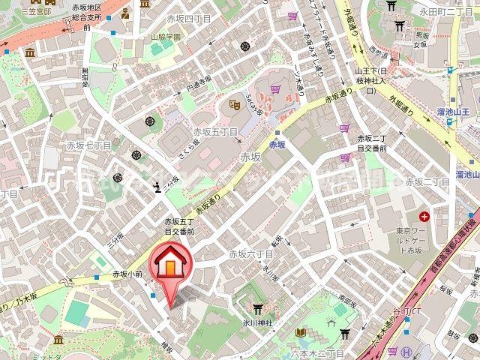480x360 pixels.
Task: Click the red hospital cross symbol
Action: tap(425, 217)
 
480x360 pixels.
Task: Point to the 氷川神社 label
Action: tap(256, 323)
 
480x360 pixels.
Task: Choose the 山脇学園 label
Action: tap(165, 36)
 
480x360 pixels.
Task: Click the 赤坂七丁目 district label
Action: tap(88, 145)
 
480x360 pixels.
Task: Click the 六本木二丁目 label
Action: tap(321, 352)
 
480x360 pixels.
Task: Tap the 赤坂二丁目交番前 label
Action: tap(371, 143)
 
